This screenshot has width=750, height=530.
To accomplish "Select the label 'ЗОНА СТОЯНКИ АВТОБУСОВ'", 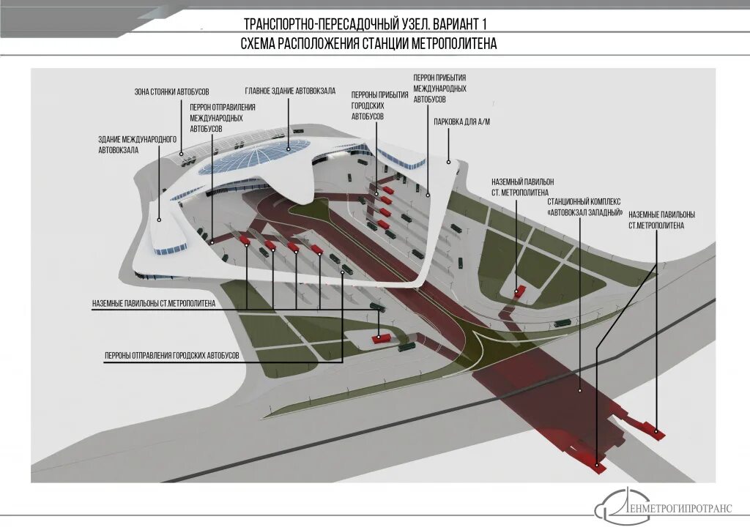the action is [x=171, y=92].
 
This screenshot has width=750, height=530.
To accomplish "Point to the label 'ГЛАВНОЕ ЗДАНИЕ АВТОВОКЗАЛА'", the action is [x=290, y=91].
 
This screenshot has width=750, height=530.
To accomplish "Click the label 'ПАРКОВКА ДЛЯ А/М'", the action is [x=461, y=121].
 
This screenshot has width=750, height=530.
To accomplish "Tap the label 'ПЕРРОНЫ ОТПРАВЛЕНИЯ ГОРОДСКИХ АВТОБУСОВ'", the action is [x=172, y=355].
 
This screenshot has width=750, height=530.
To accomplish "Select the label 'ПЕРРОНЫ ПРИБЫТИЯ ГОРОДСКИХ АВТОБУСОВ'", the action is [x=379, y=105].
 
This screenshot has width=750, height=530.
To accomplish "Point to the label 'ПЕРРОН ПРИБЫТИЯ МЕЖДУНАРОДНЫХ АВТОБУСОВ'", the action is [x=439, y=88].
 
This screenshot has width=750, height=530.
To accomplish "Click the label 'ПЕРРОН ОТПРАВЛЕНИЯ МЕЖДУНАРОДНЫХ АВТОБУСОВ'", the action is [x=217, y=118].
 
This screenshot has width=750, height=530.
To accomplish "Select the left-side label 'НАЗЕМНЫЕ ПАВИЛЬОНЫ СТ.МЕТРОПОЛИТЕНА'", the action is [x=154, y=303].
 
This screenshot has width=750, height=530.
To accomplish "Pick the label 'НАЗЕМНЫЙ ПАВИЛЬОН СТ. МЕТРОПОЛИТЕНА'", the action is [x=522, y=186].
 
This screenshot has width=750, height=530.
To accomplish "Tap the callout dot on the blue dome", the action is [x=289, y=149].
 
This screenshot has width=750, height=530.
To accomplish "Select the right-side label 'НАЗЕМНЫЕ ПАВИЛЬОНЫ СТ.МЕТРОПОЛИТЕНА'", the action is [x=661, y=220].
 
